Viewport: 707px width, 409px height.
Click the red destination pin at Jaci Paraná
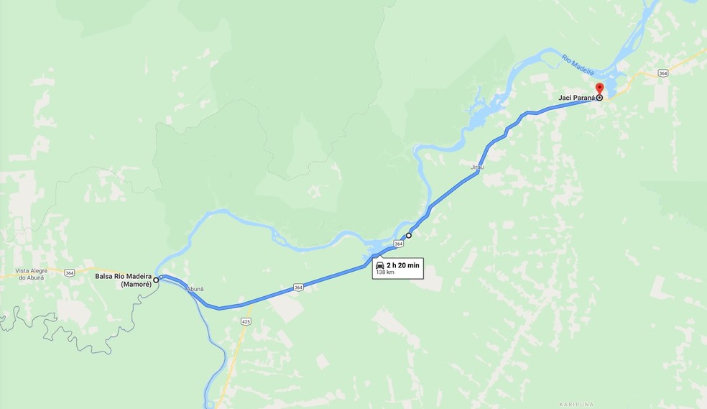point(599,89)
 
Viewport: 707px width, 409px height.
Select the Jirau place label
point(477,167)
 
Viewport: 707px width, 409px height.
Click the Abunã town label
point(195,289)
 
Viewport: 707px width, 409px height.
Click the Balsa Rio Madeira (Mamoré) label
point(123,280)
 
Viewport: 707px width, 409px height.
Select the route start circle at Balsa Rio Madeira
point(156,280)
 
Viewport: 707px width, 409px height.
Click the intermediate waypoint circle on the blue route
point(409,235)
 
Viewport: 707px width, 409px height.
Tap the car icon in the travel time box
point(380,266)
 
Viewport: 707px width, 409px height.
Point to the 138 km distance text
point(384,273)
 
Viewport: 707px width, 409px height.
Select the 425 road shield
point(246,321)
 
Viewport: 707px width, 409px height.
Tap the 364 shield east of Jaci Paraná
point(662,73)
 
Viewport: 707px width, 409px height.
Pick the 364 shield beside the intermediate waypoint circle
point(398,244)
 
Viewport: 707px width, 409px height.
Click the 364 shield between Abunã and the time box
point(298,288)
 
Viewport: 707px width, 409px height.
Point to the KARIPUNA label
point(574,404)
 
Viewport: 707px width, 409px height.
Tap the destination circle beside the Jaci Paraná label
point(599,98)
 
